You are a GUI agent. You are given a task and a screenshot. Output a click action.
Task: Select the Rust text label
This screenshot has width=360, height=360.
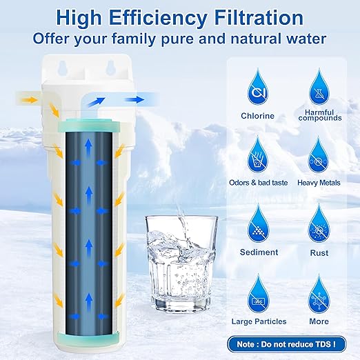320,252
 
